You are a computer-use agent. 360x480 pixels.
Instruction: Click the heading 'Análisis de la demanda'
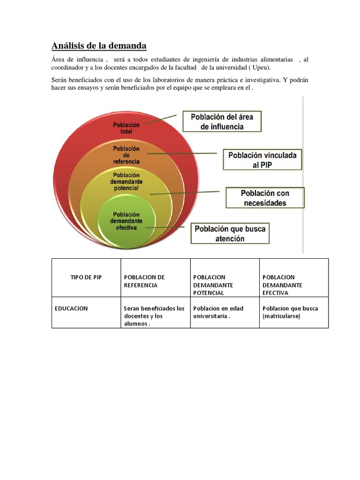coord(98,45)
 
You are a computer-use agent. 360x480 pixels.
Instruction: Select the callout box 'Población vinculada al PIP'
coord(262,160)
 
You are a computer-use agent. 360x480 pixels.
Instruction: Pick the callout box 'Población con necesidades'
coord(265,198)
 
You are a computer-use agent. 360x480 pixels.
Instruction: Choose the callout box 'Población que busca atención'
coord(230,233)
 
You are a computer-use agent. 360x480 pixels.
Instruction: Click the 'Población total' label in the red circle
coord(127,128)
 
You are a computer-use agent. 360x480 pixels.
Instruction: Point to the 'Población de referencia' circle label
coord(126,155)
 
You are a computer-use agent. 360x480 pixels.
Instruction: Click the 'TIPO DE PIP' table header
coord(86,277)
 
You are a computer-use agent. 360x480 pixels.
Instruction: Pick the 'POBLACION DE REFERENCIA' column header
coord(144,281)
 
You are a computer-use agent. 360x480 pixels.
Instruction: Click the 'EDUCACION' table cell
coord(71,308)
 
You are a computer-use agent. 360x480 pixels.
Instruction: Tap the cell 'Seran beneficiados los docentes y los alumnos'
coord(154,316)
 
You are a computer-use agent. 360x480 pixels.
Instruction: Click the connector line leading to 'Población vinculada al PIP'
coord(183,153)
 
